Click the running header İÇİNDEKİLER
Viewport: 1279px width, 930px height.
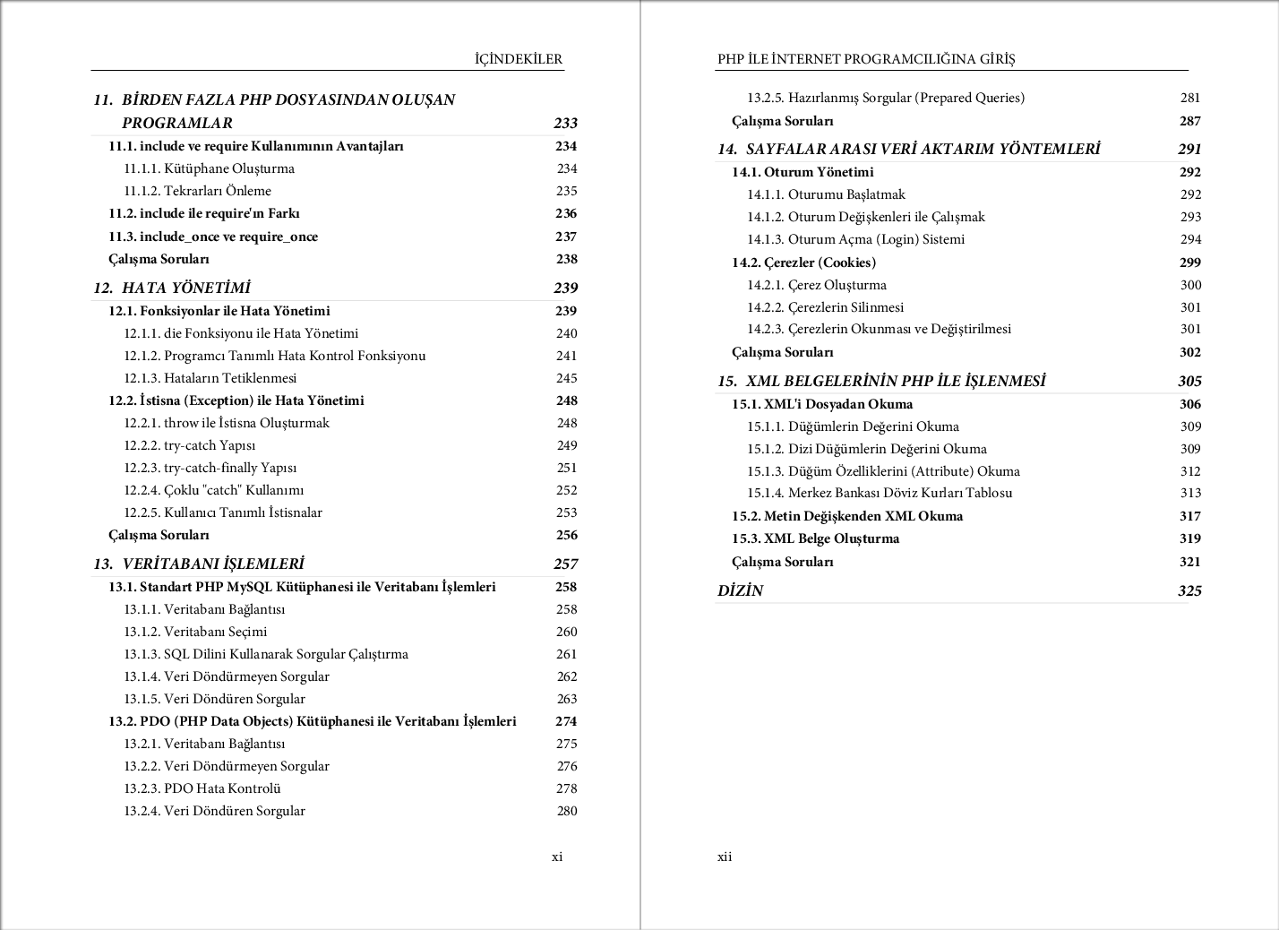pos(519,59)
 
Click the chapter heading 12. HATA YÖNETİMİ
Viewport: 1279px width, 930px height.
pos(172,288)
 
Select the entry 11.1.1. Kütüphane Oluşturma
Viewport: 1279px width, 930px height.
pos(209,168)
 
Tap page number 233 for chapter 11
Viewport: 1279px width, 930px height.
pos(565,123)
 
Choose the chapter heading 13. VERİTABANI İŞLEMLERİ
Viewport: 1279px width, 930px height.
pos(199,564)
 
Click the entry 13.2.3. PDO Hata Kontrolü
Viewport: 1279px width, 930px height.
pos(202,788)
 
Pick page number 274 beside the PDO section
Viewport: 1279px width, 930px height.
pos(566,721)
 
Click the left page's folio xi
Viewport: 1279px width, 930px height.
pos(557,857)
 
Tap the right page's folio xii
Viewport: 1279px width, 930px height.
pos(725,857)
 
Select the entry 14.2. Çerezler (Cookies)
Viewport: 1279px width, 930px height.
pos(803,263)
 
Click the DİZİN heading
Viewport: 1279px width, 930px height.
pos(740,590)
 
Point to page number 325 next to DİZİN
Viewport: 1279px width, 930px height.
pos(1189,590)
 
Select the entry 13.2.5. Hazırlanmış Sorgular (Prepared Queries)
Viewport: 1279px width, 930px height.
pos(886,98)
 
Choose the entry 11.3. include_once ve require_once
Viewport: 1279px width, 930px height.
pos(213,237)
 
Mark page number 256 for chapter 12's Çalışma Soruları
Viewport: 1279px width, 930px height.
pos(566,535)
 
